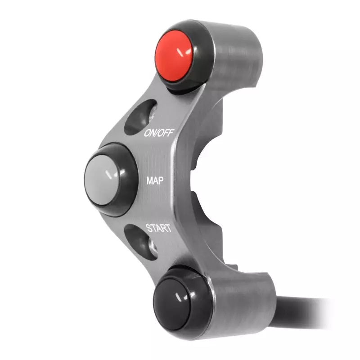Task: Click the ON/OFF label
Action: (159, 133)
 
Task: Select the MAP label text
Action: (155, 181)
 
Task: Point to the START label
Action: (158, 228)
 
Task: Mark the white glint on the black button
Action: (182, 297)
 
